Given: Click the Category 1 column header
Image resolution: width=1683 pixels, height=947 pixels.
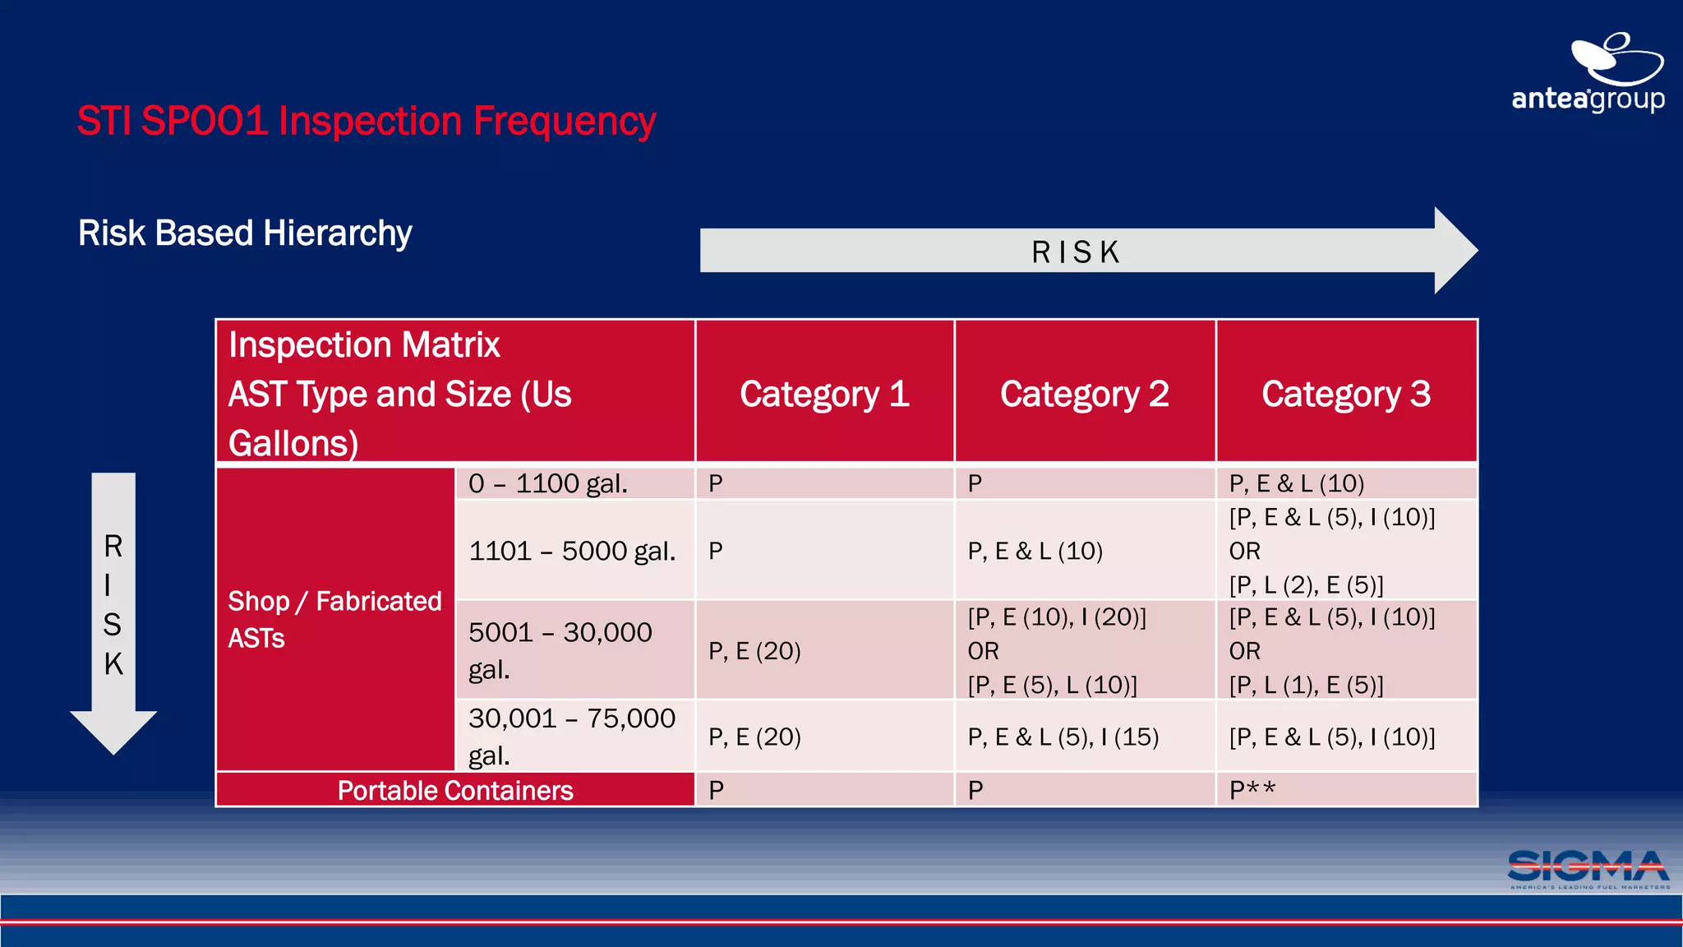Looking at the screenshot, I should coord(824,394).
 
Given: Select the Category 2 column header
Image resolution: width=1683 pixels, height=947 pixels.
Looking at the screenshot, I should coord(1085,394).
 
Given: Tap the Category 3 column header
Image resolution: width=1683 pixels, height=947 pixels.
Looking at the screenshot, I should coord(1346,394).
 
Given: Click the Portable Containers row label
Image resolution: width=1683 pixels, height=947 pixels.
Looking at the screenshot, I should coord(455,790).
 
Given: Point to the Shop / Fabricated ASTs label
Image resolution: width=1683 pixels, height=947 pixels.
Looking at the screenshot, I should coord(334,619).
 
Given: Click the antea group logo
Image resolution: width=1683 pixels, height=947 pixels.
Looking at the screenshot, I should coord(1588,74).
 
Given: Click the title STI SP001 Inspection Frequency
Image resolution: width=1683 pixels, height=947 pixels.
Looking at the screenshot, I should coord(367,122).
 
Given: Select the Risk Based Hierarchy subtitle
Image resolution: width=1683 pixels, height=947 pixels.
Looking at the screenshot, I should coord(245,233).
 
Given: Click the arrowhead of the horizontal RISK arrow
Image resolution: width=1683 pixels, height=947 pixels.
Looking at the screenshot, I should coord(1455,250).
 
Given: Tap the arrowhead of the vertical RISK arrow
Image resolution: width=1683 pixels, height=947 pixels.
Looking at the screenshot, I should coord(113,732).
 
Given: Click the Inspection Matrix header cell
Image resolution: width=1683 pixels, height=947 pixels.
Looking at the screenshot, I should coord(455,392).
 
